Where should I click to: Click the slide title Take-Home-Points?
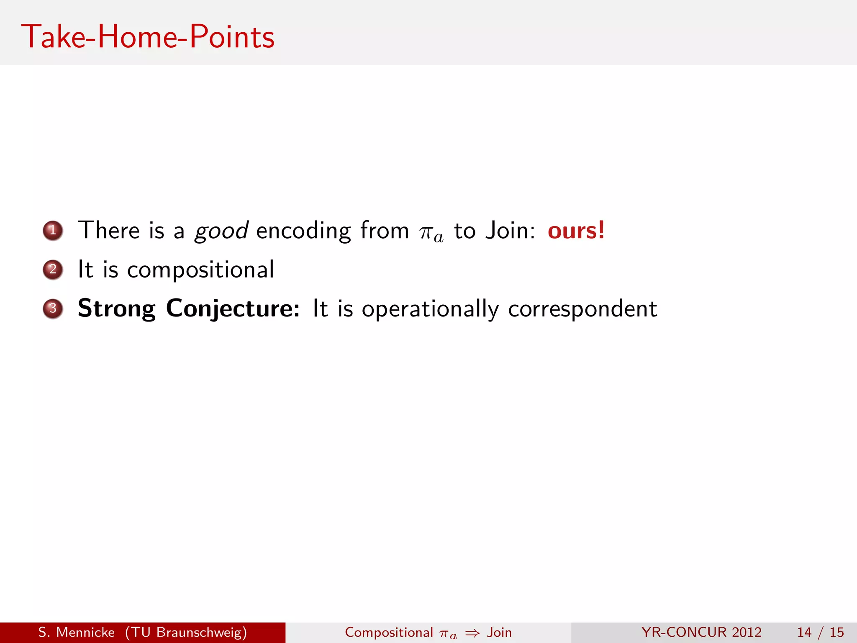148,37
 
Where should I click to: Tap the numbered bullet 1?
53,231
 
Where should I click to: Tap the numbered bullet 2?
53,270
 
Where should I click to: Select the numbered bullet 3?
53,309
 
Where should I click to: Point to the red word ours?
576,230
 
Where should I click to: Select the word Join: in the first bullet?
510,230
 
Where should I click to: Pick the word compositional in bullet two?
200,270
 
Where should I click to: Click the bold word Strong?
117,309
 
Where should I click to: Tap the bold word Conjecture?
233,309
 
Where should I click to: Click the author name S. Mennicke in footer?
76,632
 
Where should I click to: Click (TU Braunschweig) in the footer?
186,632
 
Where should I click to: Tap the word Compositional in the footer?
389,632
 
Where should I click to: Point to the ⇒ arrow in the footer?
472,633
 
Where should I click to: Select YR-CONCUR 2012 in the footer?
701,632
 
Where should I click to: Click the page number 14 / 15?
820,632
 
